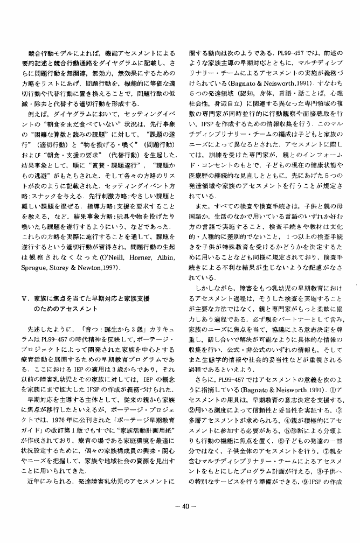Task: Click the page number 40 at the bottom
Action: point(180,506)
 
